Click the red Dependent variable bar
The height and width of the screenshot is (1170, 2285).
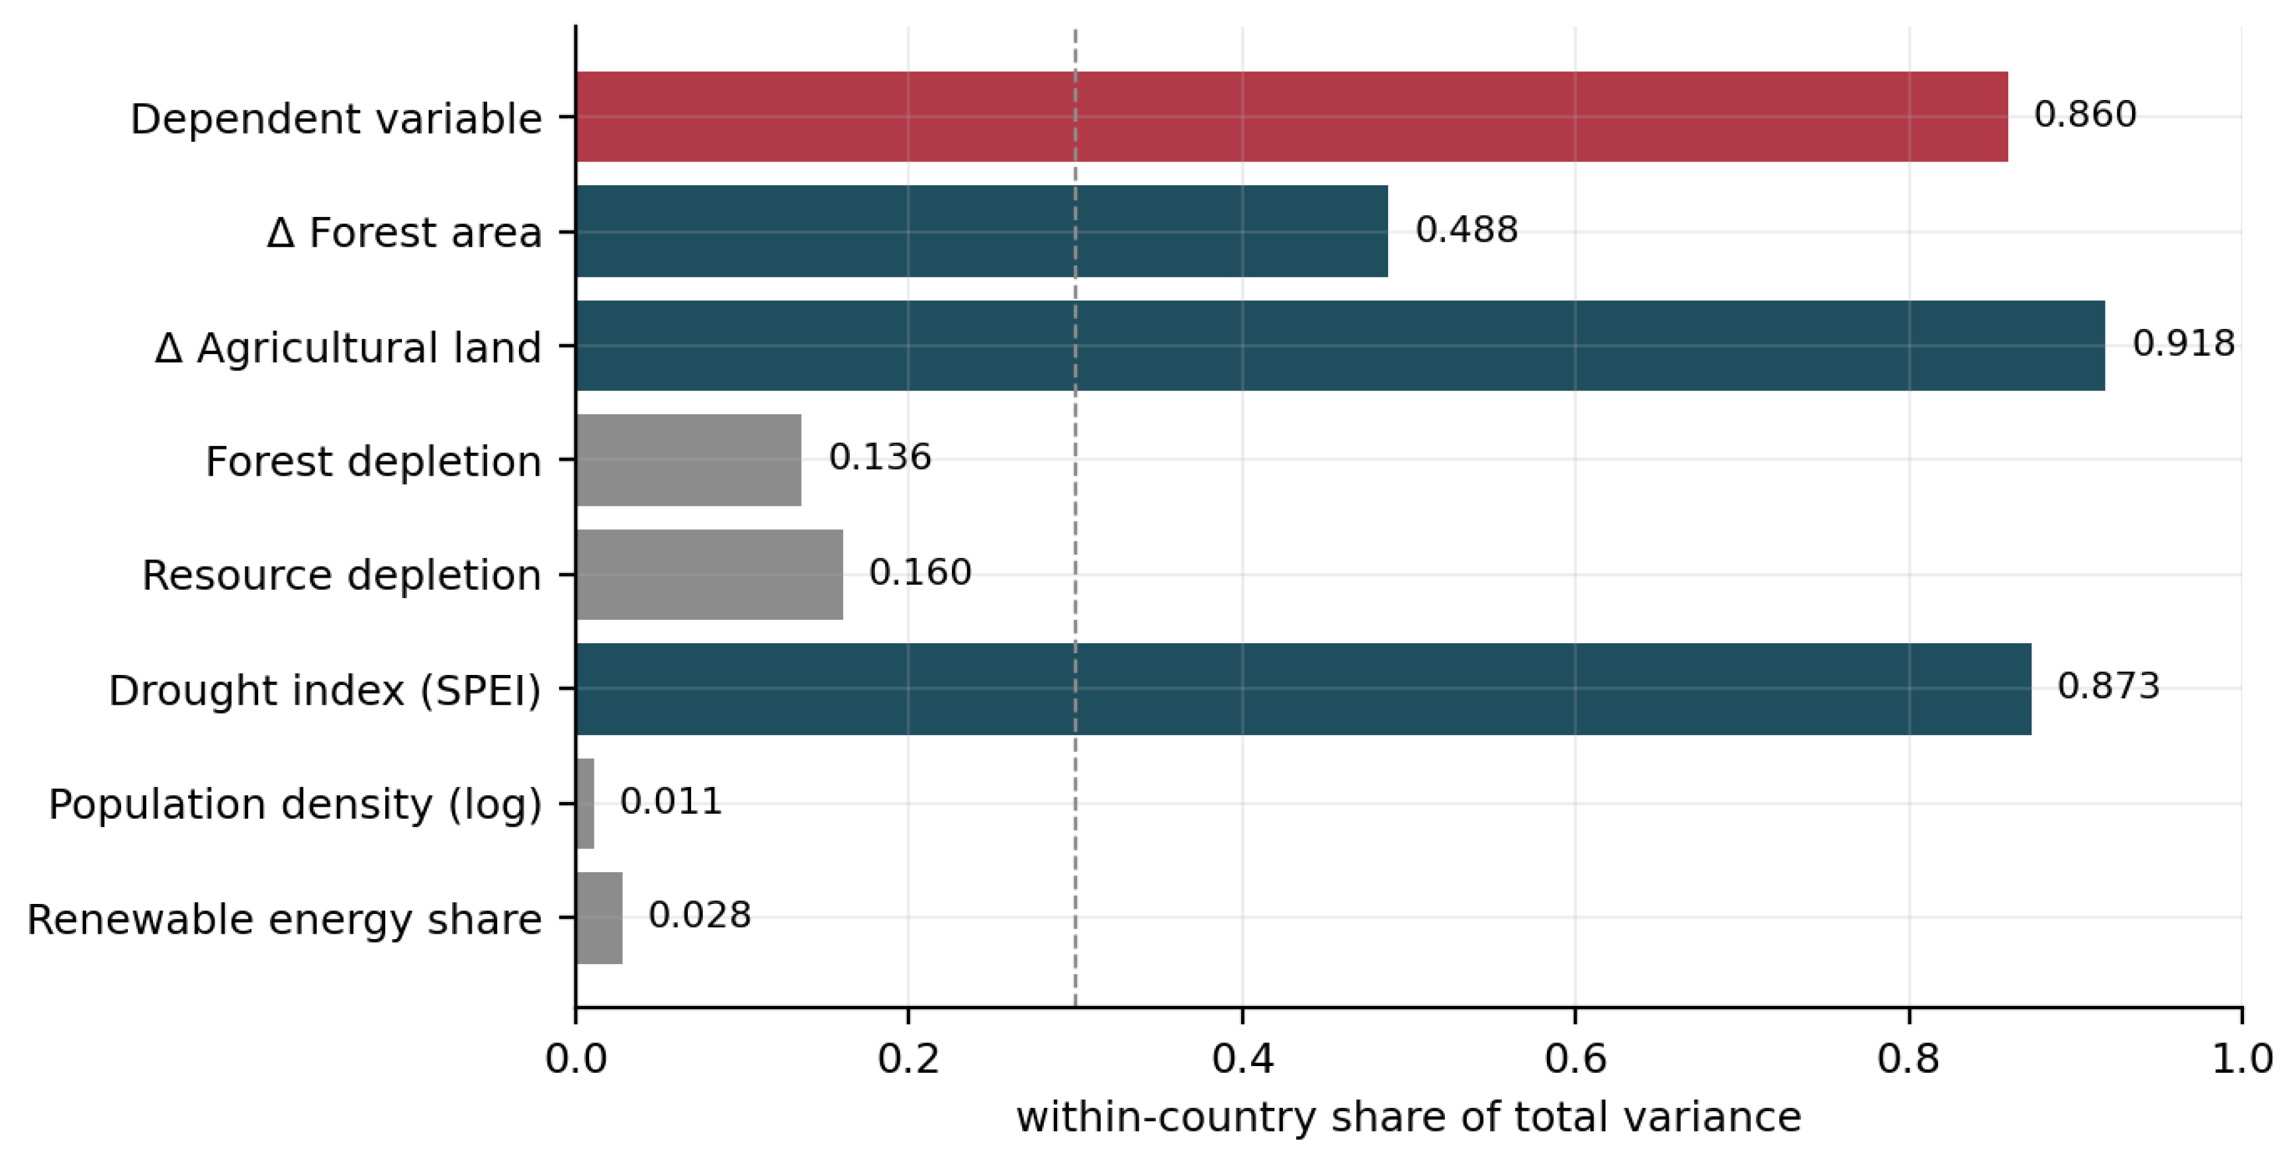tap(1291, 116)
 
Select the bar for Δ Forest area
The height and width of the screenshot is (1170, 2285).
tap(982, 231)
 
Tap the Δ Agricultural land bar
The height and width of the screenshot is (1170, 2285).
tap(1340, 345)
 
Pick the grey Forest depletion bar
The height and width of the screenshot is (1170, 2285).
tap(689, 459)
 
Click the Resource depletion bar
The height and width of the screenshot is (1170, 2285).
tap(710, 574)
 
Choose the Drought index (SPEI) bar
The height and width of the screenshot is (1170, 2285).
tap(1304, 688)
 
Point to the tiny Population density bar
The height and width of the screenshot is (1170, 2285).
tap(585, 803)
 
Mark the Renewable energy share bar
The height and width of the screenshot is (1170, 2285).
tap(600, 917)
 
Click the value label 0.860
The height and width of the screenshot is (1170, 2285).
tap(2084, 114)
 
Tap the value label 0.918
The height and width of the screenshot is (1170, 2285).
tap(2183, 343)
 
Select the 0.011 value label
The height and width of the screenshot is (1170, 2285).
tap(671, 801)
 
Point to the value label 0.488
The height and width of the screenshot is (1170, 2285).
tap(1466, 229)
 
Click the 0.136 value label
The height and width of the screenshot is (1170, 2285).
tap(880, 458)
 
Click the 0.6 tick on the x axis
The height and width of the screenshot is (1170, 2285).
tap(1575, 1059)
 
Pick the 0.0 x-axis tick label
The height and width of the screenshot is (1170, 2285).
tap(576, 1059)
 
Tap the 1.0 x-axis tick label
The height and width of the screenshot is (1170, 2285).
tap(2241, 1059)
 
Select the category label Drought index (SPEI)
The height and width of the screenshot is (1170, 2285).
tap(324, 690)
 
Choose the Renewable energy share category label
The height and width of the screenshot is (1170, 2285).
tap(284, 919)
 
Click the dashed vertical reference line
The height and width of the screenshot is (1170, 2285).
tap(1075, 516)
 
